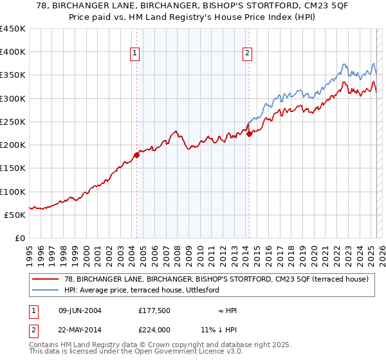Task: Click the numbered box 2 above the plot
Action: pos(248,54)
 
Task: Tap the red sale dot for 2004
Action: pos(136,155)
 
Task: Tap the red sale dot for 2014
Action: pos(249,134)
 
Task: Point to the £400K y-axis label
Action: pos(12,52)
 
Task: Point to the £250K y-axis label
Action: pos(12,122)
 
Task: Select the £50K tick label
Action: pos(15,215)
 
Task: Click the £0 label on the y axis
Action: pos(20,238)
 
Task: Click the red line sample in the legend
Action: pos(45,279)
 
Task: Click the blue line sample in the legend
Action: pos(45,290)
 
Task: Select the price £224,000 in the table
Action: pos(154,329)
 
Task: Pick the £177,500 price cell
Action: pos(154,310)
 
